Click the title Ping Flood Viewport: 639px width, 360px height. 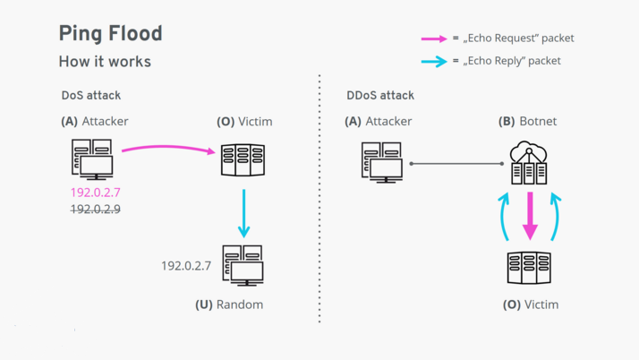pos(110,34)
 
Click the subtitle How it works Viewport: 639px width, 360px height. pos(104,62)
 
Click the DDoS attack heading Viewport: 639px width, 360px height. pos(379,95)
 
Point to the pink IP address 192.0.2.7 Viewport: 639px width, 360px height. pos(96,192)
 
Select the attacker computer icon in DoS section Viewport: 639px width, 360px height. pos(90,160)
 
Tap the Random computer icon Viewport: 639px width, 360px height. pos(243,265)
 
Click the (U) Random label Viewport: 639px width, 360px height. pos(229,304)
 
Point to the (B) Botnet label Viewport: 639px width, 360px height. pos(528,121)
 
